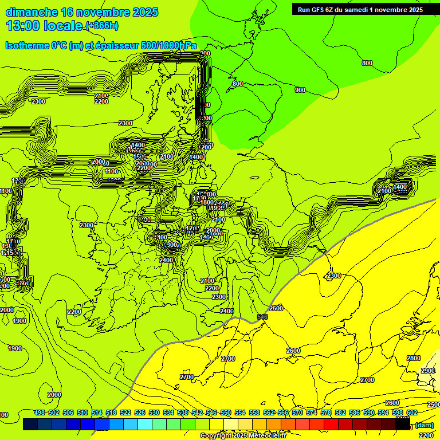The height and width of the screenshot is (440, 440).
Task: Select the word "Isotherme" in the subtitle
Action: click(x=27, y=46)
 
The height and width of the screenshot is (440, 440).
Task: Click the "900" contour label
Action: click(x=300, y=90)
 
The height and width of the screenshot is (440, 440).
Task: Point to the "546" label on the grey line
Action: click(x=262, y=316)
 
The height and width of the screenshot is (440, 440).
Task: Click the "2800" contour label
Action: click(x=413, y=358)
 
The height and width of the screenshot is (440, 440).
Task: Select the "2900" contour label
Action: click(x=427, y=371)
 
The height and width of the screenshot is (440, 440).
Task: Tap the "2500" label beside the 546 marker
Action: click(x=276, y=308)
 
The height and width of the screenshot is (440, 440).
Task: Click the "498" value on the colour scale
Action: click(x=40, y=412)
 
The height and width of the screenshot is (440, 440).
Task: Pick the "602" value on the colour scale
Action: click(x=411, y=412)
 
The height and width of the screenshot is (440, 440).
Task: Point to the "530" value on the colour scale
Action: click(x=154, y=412)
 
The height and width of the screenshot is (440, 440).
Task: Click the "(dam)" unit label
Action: click(x=424, y=425)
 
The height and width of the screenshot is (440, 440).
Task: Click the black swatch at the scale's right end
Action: click(x=403, y=425)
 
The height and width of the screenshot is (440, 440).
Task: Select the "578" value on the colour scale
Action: click(x=326, y=412)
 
